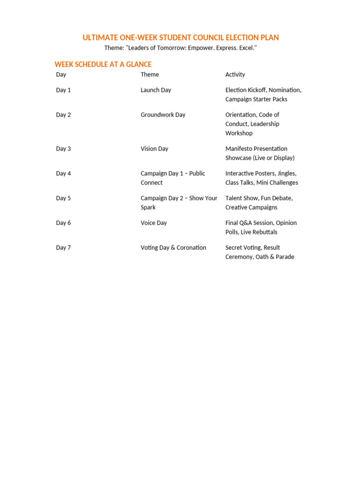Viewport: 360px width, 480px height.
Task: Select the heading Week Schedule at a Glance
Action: click(103, 64)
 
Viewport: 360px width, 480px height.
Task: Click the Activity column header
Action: click(235, 75)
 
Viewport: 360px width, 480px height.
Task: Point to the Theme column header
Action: click(150, 75)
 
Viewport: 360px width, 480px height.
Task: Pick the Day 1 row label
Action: click(63, 90)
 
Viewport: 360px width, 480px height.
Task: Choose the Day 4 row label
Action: click(63, 173)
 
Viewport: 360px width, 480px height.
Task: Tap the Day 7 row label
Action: click(63, 247)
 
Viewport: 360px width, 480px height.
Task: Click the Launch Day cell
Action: click(156, 90)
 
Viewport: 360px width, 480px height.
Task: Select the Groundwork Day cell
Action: click(163, 115)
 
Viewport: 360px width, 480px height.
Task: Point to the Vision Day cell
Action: click(154, 149)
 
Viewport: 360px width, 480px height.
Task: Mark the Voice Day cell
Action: click(154, 223)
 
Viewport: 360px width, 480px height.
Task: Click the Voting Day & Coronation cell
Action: click(173, 247)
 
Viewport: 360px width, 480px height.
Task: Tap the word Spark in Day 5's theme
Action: click(148, 208)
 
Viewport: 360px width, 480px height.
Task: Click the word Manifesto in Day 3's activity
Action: click(239, 149)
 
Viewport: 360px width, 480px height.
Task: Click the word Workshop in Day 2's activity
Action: click(239, 134)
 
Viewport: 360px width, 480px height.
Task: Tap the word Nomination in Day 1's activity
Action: click(285, 90)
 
